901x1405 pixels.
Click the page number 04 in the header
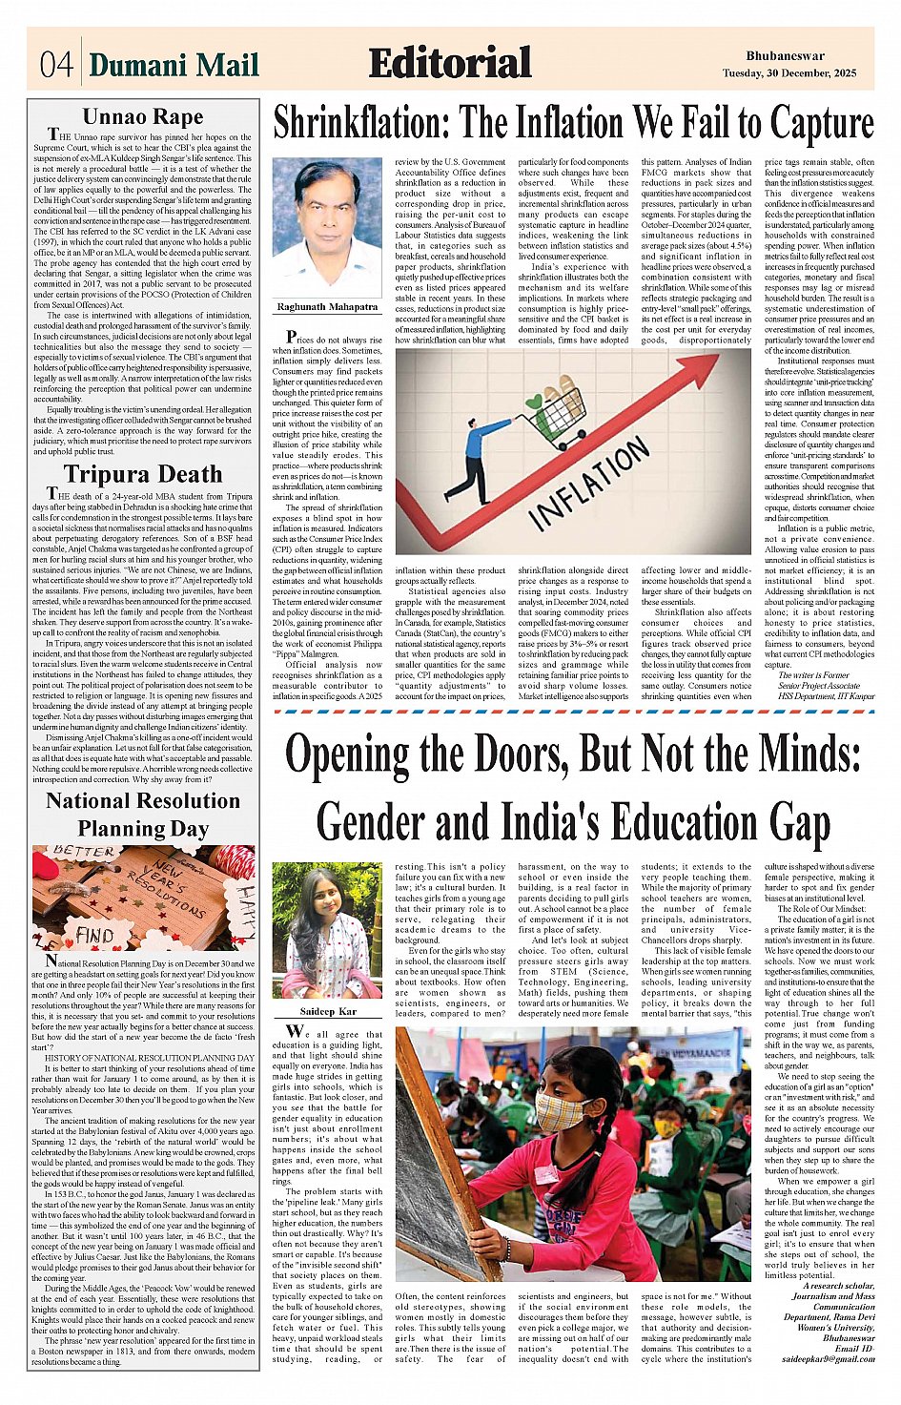[55, 64]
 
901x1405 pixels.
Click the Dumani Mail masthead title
[174, 64]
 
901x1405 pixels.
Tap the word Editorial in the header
[450, 63]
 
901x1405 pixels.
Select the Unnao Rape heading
[143, 116]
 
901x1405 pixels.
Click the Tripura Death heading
[143, 474]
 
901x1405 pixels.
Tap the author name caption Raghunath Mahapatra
[327, 307]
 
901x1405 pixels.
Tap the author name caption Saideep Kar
[328, 1011]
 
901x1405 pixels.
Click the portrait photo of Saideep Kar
[327, 931]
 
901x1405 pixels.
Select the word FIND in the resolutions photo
[95, 936]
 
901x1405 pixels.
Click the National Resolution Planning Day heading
[143, 814]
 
